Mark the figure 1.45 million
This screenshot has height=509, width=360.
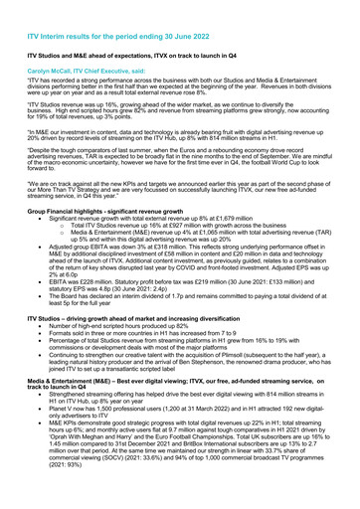click(x=92, y=479)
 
